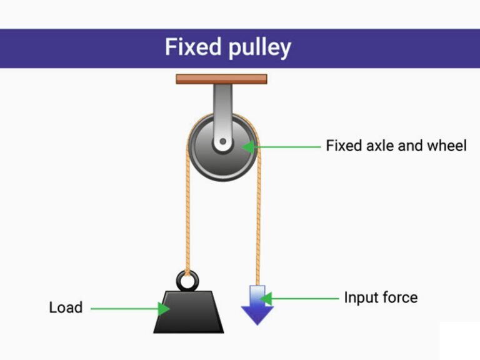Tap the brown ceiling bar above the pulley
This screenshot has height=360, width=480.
tap(221, 79)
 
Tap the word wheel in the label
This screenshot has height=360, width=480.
tap(446, 146)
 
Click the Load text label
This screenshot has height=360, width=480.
tap(66, 307)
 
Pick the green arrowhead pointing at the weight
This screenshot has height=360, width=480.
tap(164, 307)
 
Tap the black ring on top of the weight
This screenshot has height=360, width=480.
tap(186, 281)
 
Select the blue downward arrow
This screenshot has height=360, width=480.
tap(257, 306)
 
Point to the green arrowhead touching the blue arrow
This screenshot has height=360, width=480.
tap(266, 298)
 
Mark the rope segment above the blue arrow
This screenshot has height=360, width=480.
tap(257, 225)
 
